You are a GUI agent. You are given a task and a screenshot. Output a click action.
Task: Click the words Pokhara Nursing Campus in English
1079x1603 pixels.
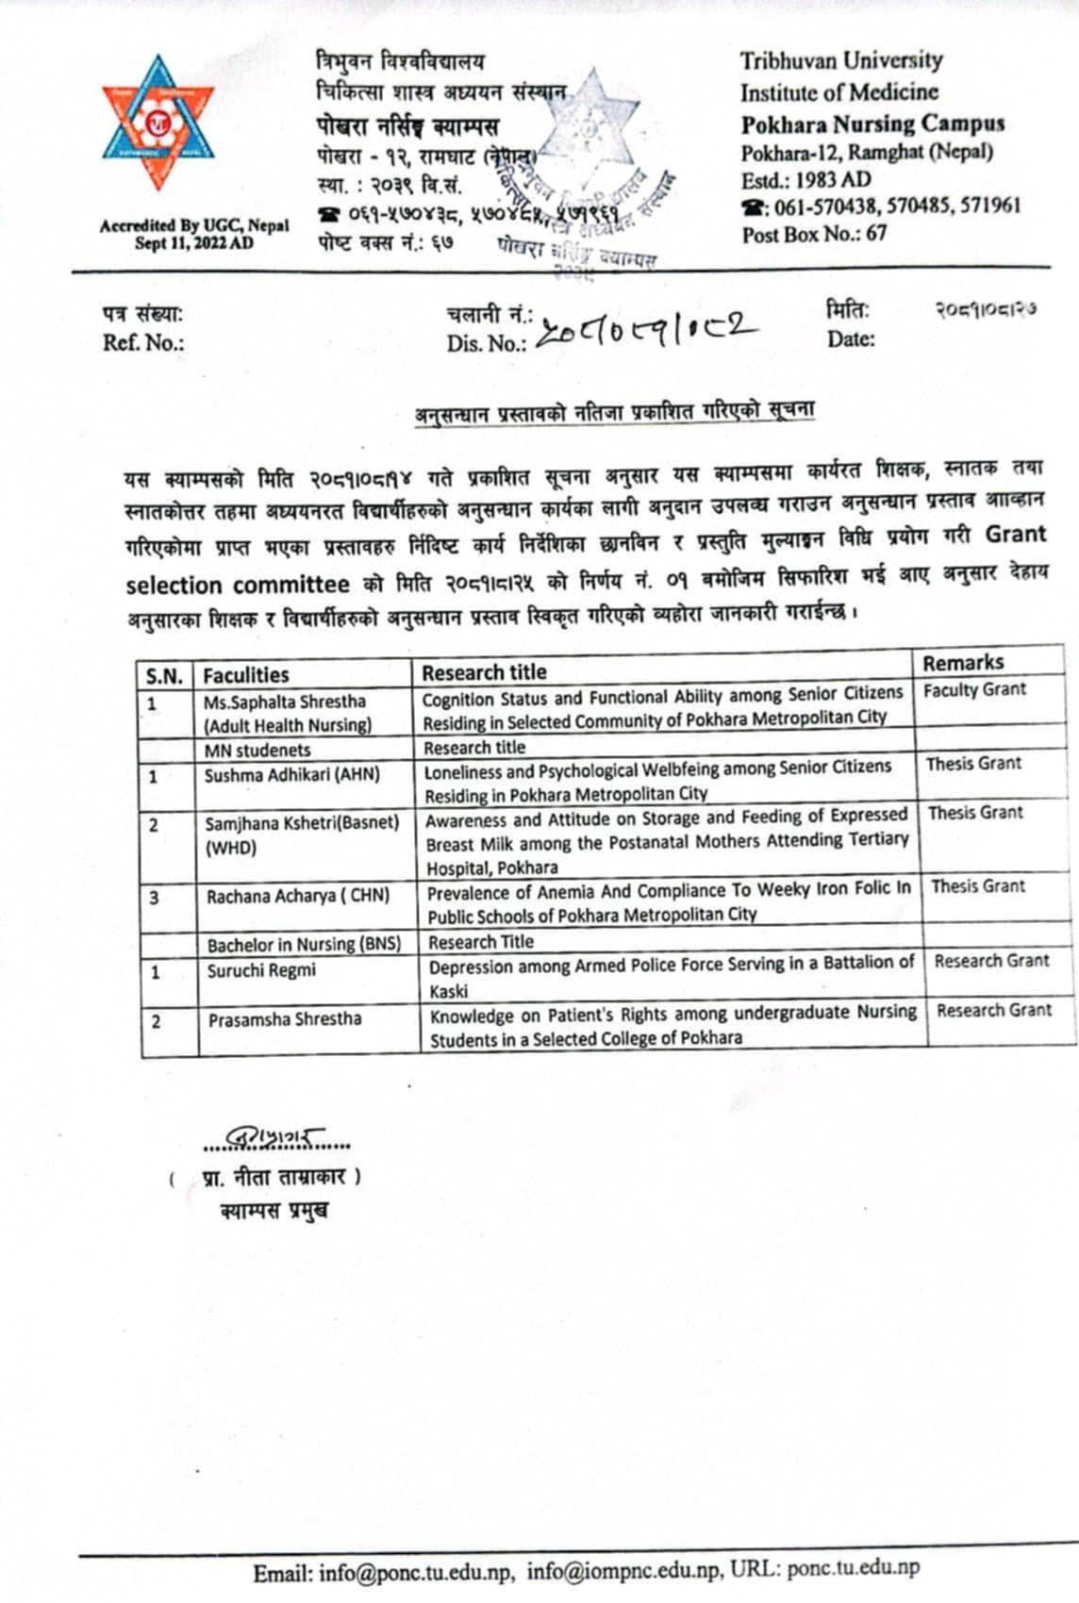(x=872, y=124)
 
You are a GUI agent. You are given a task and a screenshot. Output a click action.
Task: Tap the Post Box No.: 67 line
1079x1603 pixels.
(x=814, y=234)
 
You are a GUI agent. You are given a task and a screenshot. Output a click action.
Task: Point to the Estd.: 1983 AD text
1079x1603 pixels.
(x=805, y=179)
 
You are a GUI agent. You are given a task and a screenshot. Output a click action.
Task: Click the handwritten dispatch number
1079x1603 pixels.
(x=646, y=329)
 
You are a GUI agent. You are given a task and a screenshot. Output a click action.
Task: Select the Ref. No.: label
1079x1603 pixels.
(x=143, y=342)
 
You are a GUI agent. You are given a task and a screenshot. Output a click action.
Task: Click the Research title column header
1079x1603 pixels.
(x=484, y=672)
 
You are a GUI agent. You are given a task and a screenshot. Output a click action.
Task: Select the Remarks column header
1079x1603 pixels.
(x=963, y=662)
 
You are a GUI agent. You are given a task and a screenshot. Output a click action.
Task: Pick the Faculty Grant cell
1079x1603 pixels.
(x=974, y=690)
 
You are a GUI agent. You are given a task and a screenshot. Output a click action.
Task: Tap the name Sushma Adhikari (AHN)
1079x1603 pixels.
(x=292, y=775)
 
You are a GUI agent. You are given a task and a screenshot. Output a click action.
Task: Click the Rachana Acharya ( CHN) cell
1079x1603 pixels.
(x=298, y=895)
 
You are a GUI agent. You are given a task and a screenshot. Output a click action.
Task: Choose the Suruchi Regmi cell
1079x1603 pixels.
(x=262, y=970)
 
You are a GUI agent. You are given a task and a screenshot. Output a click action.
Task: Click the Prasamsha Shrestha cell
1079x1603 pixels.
(x=285, y=1019)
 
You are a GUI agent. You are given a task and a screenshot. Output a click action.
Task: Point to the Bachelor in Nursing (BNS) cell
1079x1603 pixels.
(x=304, y=944)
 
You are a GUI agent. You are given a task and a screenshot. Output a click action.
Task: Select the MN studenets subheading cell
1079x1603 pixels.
(x=257, y=751)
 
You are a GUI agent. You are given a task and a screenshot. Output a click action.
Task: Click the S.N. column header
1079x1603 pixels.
(x=164, y=675)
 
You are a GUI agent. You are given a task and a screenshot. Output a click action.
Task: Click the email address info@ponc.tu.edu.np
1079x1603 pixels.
(x=416, y=1570)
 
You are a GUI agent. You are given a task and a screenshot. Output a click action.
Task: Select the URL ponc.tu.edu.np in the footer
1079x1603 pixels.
(x=853, y=1567)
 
